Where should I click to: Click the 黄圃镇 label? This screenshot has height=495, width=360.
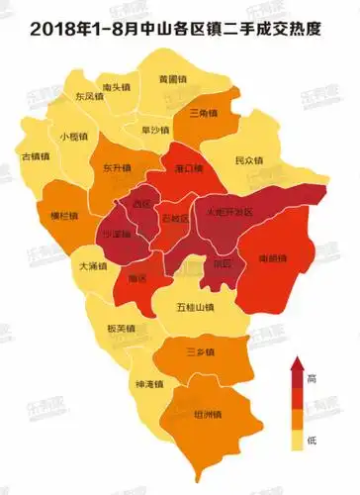tap(173, 78)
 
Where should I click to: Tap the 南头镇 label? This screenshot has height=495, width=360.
tap(118, 87)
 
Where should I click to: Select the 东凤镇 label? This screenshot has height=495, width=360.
tap(89, 97)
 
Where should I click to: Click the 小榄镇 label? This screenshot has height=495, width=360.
tap(75, 136)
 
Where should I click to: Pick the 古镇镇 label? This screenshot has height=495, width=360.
tap(36, 155)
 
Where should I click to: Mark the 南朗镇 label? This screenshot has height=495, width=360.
tap(272, 258)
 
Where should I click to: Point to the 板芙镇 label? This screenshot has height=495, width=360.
tap(120, 329)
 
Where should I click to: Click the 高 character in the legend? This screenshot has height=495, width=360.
tap(312, 379)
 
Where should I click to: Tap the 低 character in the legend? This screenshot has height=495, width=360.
tap(312, 438)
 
